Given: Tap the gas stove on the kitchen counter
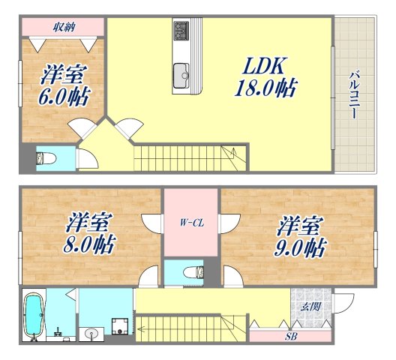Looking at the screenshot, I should (183, 31).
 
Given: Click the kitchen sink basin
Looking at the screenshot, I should (182, 75).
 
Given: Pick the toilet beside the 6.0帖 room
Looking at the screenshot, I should (44, 159).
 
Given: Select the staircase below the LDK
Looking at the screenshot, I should (188, 159).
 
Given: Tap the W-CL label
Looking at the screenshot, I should (190, 222).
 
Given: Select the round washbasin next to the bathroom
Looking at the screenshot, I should (92, 332).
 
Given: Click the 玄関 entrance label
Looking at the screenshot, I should (310, 306).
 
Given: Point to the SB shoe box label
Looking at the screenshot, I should (289, 336).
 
